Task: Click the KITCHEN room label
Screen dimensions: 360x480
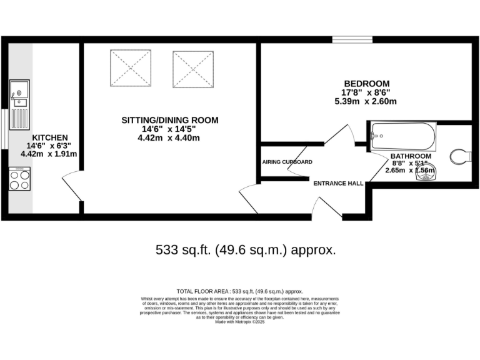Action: [50, 137]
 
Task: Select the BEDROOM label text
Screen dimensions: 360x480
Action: [367, 84]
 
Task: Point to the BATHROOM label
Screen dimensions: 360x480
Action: [411, 156]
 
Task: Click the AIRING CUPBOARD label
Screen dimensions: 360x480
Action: [287, 162]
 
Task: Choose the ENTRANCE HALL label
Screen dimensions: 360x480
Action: [338, 183]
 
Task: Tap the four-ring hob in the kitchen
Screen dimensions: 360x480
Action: [19, 180]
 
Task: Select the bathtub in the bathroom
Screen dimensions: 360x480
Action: [402, 135]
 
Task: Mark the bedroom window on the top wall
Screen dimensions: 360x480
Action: [352, 40]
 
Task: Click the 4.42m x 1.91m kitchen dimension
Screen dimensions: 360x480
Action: [49, 154]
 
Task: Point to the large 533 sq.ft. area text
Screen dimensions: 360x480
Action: [245, 250]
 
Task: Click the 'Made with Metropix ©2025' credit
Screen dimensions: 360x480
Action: [240, 321]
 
